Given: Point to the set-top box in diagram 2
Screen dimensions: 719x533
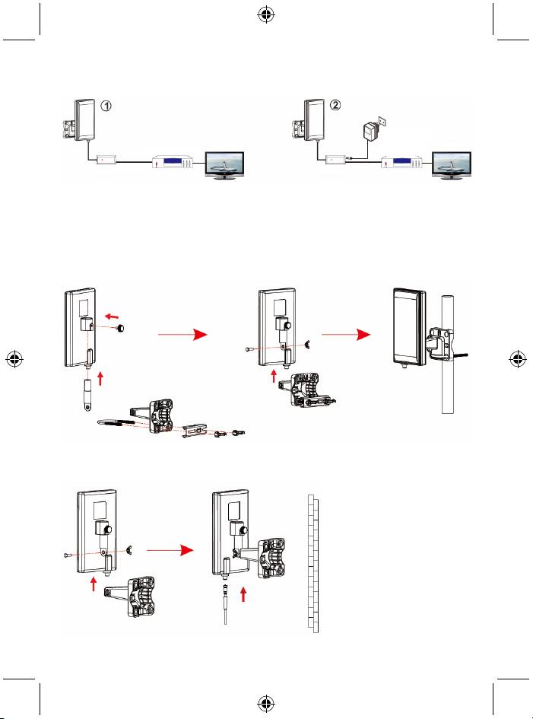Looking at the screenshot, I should (401, 162).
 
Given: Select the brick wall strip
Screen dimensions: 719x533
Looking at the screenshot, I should (313, 563).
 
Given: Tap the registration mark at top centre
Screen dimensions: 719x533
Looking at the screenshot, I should (266, 14).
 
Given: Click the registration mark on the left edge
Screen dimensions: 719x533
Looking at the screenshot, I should (14, 359).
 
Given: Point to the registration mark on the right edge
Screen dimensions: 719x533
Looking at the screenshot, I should (519, 359).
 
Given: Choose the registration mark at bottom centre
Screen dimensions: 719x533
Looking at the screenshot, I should (266, 705).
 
